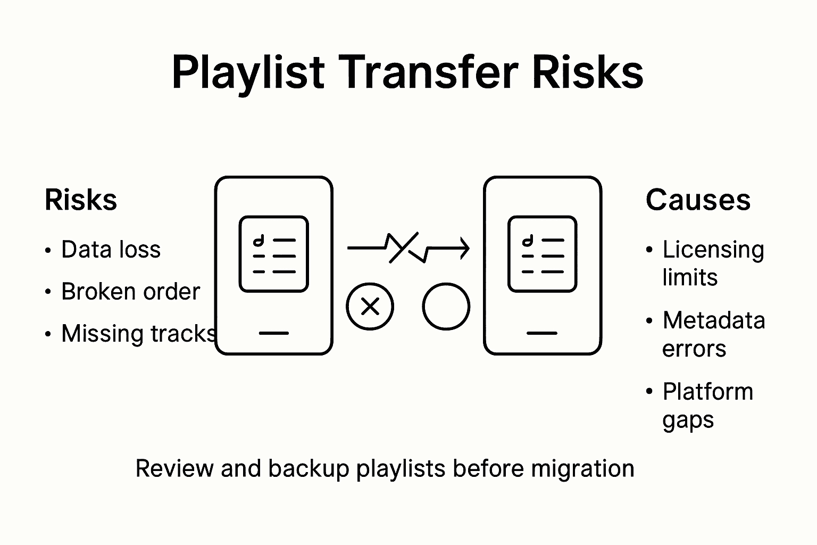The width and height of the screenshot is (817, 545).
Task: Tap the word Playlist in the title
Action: point(248,73)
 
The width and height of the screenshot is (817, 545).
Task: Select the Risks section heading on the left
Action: point(81,201)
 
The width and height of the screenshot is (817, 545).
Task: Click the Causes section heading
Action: point(698,201)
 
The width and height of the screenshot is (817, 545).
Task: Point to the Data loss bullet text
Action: point(111,250)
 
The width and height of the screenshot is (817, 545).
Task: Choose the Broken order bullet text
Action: point(130,292)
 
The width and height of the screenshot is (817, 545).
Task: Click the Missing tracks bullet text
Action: point(138,334)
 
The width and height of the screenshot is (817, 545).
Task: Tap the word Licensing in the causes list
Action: point(713,250)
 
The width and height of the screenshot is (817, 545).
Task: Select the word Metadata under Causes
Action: point(713,320)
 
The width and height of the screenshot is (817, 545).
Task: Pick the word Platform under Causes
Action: point(707,392)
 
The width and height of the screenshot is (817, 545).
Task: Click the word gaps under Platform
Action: point(688,420)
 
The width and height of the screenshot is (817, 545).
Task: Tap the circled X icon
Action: point(370,307)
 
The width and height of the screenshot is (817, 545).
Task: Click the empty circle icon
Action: point(446,307)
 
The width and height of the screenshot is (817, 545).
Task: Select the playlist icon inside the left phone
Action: point(274,254)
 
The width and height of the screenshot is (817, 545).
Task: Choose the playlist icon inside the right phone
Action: point(542,254)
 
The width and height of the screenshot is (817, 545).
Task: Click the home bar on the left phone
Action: point(274,333)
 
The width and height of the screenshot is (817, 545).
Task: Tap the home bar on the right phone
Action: point(542,333)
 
